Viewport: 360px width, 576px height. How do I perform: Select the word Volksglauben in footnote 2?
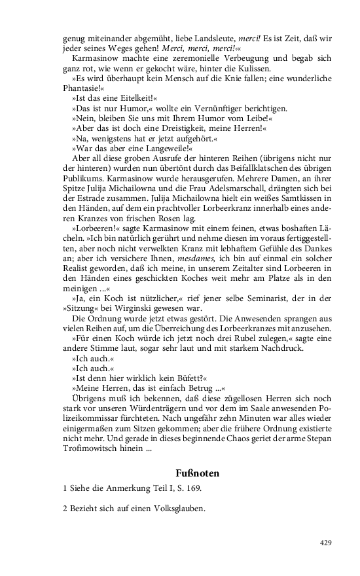click(x=177, y=509)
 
